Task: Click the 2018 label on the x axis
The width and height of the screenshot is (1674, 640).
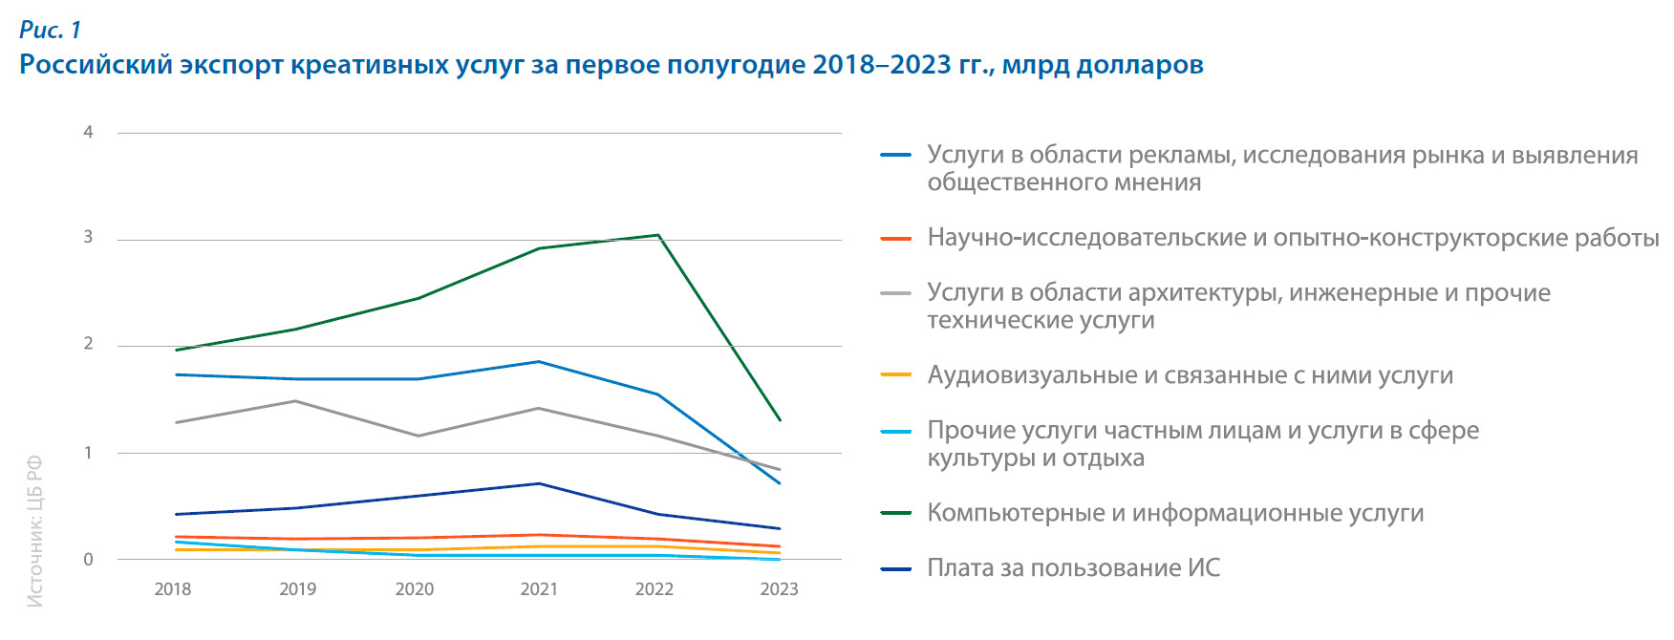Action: tap(173, 589)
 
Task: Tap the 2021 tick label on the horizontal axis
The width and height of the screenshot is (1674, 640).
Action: tap(539, 589)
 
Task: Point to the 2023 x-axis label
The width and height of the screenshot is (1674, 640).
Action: tap(779, 589)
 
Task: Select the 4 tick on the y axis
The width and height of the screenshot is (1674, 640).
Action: tap(88, 132)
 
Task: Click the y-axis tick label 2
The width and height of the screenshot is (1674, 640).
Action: tap(88, 344)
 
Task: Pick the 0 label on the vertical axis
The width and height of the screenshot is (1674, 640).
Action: tap(88, 560)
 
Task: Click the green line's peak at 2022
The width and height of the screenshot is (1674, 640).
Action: tap(658, 235)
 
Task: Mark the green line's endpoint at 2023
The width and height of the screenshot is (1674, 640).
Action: tap(781, 420)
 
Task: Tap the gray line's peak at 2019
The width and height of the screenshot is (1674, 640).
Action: tap(296, 401)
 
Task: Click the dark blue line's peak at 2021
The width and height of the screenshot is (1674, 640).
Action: tap(539, 483)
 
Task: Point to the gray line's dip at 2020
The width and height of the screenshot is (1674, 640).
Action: tap(417, 436)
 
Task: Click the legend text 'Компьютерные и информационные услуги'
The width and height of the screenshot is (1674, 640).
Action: tap(1175, 513)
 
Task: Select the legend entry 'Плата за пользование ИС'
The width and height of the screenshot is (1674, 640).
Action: tap(1073, 568)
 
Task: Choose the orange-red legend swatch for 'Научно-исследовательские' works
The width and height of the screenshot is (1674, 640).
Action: tap(895, 239)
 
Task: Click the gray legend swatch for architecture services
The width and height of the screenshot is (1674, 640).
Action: tap(895, 294)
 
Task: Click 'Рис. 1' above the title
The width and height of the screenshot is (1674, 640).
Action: tap(50, 30)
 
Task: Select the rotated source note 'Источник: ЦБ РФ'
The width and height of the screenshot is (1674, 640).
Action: tap(35, 531)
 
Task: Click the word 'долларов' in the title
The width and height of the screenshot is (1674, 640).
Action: tap(1139, 65)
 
